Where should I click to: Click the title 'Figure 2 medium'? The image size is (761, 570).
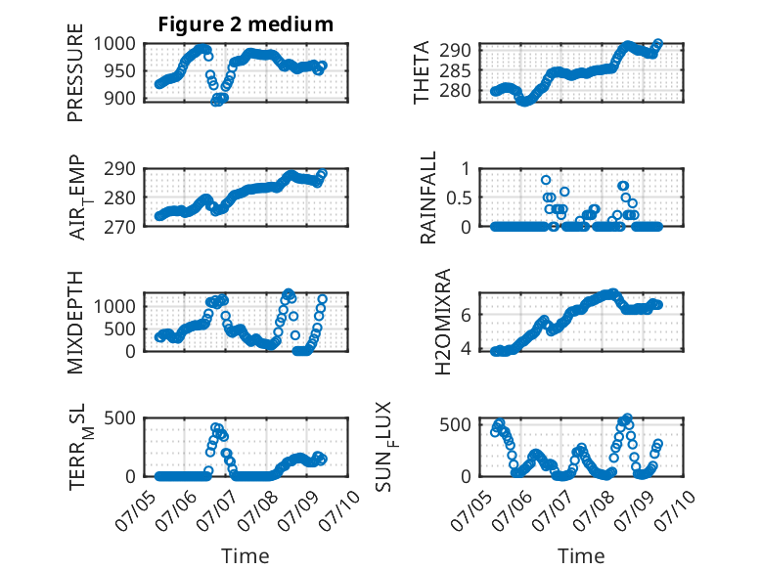point(246,24)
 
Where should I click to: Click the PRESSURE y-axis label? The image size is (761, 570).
point(75,72)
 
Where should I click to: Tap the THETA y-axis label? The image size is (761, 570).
point(422,72)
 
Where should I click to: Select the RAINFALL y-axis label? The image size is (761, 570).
point(428,197)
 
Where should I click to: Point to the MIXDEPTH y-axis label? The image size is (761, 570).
point(75,322)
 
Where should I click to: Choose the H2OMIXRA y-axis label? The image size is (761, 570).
point(443,322)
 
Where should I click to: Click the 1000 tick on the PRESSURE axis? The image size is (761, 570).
point(114,44)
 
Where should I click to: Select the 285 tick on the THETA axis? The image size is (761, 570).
point(455,70)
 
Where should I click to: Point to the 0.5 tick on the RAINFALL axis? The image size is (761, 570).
point(459,197)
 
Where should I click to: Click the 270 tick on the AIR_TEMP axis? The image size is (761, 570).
point(120,227)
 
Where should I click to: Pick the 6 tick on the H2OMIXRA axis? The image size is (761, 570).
point(466,316)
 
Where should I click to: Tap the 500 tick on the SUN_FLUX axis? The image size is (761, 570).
point(455,425)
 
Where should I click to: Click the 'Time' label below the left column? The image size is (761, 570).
point(246,556)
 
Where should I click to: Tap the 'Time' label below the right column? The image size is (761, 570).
point(581,556)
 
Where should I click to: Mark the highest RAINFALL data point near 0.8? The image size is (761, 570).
point(546,180)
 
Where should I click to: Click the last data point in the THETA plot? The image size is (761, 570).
point(658,43)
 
